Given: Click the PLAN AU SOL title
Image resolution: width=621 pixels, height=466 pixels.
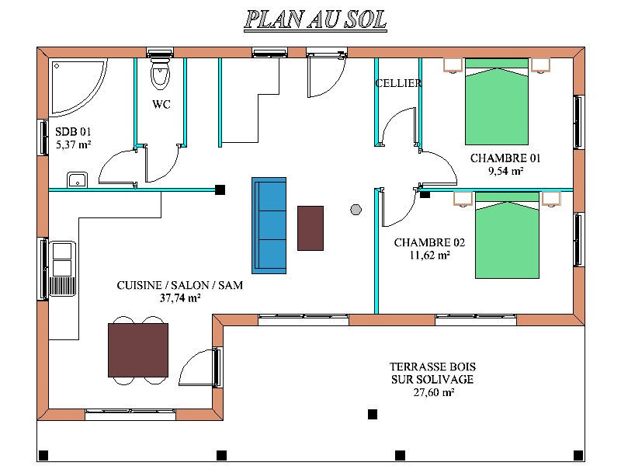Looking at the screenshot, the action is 315,20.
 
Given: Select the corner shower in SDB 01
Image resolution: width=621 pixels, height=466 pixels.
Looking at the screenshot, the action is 78,87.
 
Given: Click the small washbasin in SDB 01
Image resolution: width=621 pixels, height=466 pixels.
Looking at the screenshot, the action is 77,179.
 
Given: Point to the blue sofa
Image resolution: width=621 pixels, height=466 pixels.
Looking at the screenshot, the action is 269,225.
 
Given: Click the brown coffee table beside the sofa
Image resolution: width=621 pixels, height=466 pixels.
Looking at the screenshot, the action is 310,228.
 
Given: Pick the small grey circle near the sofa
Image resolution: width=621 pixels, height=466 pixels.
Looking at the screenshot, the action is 356,210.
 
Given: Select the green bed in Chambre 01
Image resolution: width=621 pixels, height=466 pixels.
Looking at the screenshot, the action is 497,102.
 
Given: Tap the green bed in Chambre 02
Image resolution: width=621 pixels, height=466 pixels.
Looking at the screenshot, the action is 507,235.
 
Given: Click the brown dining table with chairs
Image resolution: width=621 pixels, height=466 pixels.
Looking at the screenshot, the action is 138,350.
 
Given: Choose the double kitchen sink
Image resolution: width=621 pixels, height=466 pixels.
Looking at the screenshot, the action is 62,268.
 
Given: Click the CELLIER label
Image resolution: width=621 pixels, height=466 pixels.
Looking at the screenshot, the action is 398,83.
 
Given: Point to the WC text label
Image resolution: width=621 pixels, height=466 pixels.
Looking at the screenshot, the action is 161,105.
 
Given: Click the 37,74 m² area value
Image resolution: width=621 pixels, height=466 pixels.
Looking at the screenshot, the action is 180,297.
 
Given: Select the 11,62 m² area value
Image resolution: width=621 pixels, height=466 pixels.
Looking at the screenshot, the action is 429,255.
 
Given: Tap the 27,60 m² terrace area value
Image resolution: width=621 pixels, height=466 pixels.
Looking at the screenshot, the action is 434,392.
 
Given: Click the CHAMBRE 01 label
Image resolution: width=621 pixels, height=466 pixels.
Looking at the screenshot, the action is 505,158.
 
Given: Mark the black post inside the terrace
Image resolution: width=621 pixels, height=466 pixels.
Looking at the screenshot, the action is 373,414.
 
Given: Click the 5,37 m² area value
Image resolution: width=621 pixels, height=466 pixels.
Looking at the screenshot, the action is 73,144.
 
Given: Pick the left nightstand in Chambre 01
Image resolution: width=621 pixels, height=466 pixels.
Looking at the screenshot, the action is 453,65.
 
